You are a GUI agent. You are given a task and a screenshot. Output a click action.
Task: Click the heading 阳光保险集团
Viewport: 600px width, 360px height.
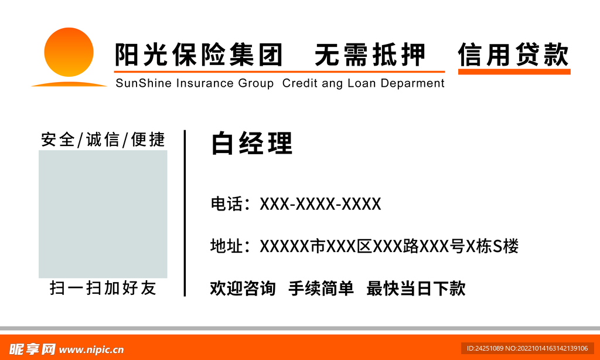(x=199, y=55)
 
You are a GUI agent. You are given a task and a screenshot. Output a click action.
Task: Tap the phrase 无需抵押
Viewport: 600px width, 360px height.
(x=370, y=55)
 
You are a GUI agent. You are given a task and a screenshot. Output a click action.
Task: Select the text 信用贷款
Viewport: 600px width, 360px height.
(x=513, y=55)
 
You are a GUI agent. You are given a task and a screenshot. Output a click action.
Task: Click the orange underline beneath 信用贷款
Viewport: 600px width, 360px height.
(x=514, y=72)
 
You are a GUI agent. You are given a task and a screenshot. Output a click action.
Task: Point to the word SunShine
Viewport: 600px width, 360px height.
(x=144, y=83)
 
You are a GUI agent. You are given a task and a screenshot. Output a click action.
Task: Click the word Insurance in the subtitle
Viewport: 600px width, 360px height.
(x=204, y=83)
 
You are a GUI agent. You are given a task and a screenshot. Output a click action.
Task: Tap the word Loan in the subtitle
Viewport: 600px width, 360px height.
(x=362, y=83)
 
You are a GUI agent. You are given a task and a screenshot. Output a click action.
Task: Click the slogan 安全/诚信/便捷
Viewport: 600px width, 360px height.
(x=103, y=140)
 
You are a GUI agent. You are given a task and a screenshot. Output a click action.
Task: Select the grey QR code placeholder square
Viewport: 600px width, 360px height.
(x=103, y=214)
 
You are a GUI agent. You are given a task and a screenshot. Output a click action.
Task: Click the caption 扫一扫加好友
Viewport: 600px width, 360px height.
(x=103, y=288)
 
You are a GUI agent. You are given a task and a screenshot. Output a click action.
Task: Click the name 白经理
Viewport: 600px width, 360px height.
(x=251, y=144)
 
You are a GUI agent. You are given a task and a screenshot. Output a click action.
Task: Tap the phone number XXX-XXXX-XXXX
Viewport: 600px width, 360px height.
(x=321, y=204)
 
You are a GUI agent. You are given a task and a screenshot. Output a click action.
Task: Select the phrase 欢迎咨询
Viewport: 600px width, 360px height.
(x=243, y=288)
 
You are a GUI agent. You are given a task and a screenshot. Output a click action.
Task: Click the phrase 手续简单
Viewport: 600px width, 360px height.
(x=321, y=288)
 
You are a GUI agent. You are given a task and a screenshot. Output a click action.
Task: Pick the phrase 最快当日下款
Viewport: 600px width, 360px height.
(x=415, y=288)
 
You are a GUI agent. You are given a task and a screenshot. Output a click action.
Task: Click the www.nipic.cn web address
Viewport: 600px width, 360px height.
(x=92, y=350)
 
